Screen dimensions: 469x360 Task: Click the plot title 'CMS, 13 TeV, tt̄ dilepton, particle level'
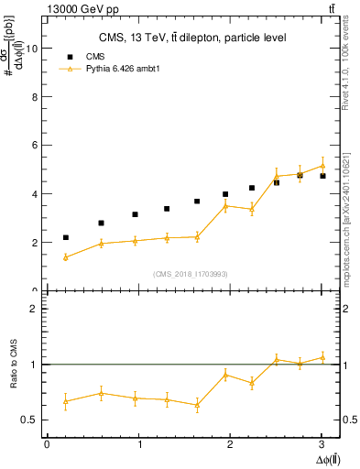(192, 38)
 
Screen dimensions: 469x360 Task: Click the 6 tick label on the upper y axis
(36, 146)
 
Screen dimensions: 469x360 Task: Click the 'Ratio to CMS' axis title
(13, 365)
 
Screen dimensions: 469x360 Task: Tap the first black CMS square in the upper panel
(66, 237)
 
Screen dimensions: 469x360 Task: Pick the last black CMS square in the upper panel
(322, 176)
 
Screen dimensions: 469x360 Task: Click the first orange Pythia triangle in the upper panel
(66, 257)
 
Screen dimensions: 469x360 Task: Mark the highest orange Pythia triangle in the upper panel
(322, 166)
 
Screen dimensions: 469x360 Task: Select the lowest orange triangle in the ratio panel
(197, 405)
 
